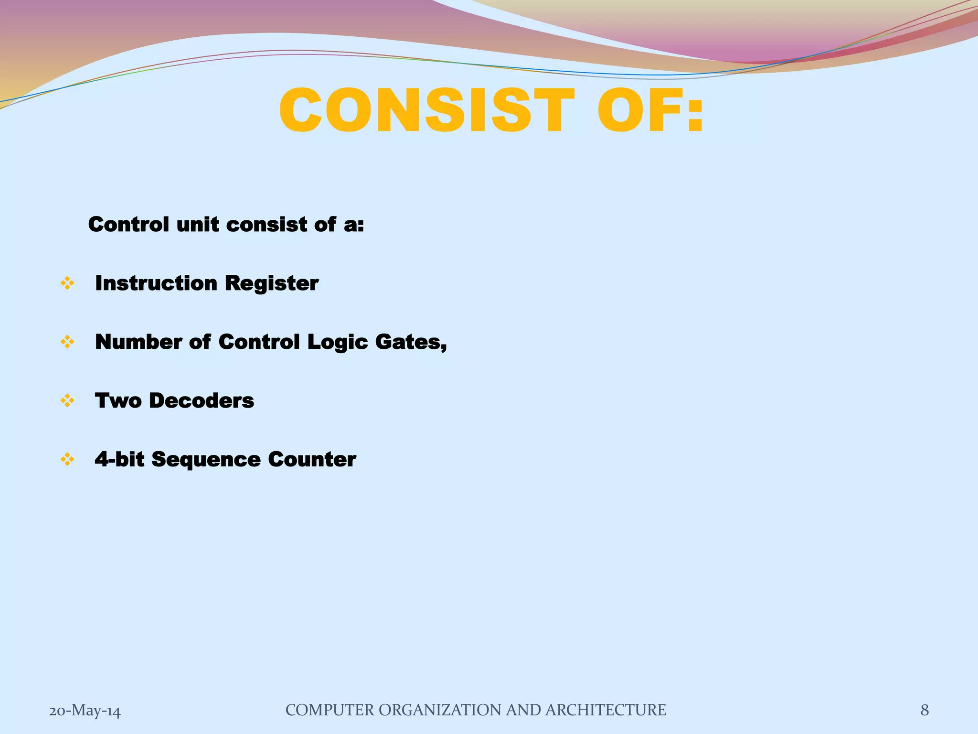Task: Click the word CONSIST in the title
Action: tap(427, 111)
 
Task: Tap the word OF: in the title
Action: tap(650, 111)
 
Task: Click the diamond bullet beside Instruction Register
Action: tap(67, 283)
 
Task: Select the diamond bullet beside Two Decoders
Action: tap(67, 400)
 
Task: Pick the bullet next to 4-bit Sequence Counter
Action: tap(67, 460)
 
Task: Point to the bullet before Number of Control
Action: tap(67, 342)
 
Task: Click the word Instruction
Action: tap(156, 283)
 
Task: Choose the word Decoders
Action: tap(201, 400)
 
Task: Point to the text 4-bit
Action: tap(119, 459)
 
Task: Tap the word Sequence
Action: tap(206, 460)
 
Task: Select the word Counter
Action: tap(312, 459)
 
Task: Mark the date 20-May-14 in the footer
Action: tap(85, 711)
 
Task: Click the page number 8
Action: tap(925, 710)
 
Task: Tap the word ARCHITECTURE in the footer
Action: tap(605, 710)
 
